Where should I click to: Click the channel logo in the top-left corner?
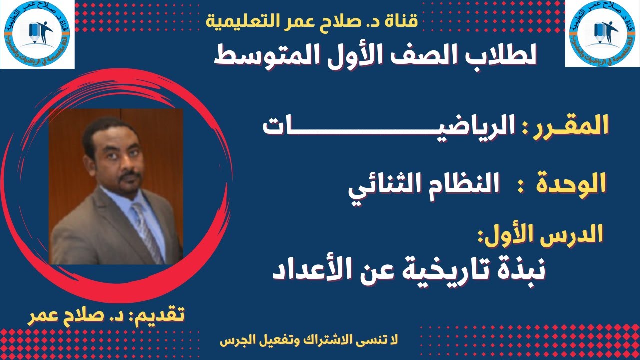pyautogui.click(x=37, y=34)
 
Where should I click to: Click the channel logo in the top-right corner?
pyautogui.click(x=602, y=33)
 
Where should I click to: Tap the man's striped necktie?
pyautogui.click(x=147, y=230)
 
